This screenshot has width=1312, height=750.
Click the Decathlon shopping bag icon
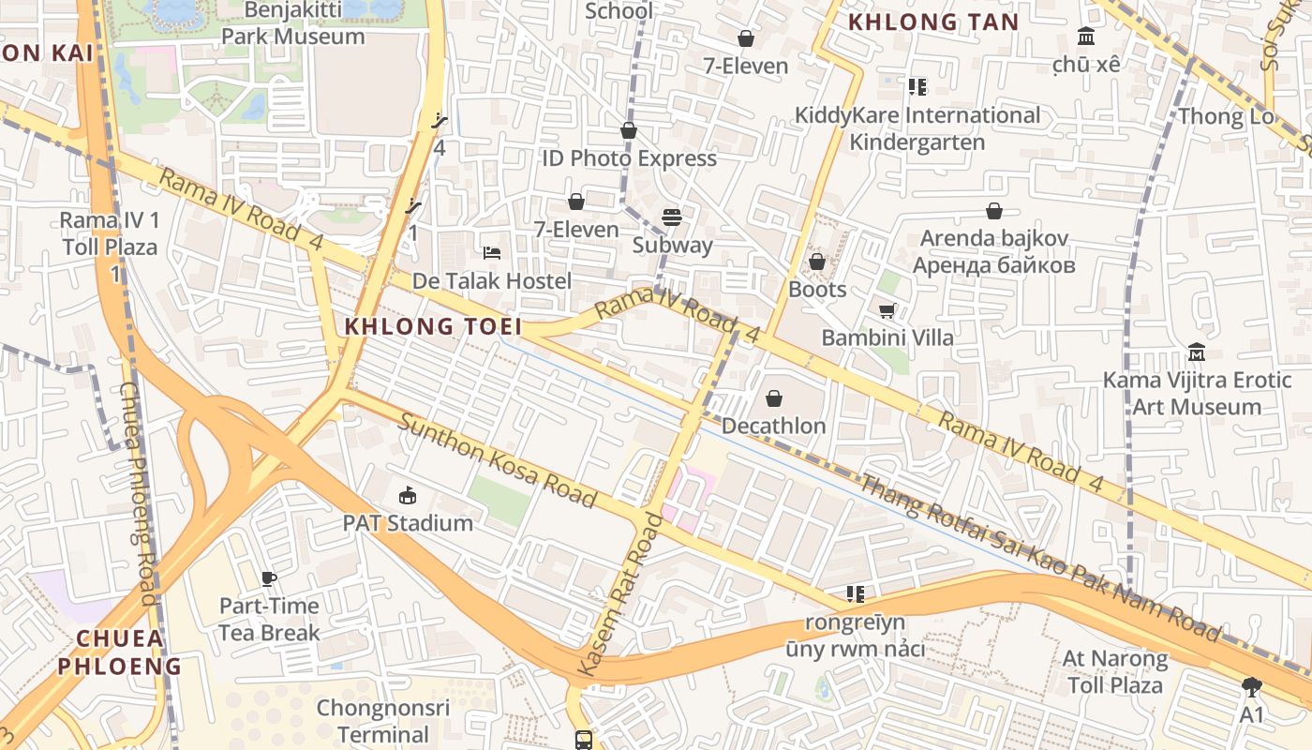click(774, 398)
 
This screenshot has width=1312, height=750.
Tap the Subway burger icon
click(671, 218)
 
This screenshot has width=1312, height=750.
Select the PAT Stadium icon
click(408, 495)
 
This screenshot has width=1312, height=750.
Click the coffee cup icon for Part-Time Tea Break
click(269, 578)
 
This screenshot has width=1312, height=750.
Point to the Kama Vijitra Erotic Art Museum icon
click(1196, 353)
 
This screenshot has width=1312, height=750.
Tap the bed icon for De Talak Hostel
click(492, 253)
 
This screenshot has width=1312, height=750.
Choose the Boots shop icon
click(817, 262)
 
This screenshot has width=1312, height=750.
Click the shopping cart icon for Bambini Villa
click(887, 310)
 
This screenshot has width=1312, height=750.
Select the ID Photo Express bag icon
click(629, 131)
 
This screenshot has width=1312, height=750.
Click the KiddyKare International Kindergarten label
click(917, 128)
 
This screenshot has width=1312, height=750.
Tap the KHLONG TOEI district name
click(433, 326)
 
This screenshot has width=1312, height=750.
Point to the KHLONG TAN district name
click(932, 22)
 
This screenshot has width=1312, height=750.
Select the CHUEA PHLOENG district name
click(120, 652)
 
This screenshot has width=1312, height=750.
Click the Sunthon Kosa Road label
click(498, 459)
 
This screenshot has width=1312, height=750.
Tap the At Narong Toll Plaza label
click(1115, 671)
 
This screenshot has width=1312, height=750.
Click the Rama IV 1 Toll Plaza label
click(109, 234)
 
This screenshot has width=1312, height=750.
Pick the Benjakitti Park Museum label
click(292, 23)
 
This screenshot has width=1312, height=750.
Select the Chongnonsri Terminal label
click(383, 720)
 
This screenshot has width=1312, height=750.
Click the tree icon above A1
click(1251, 687)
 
